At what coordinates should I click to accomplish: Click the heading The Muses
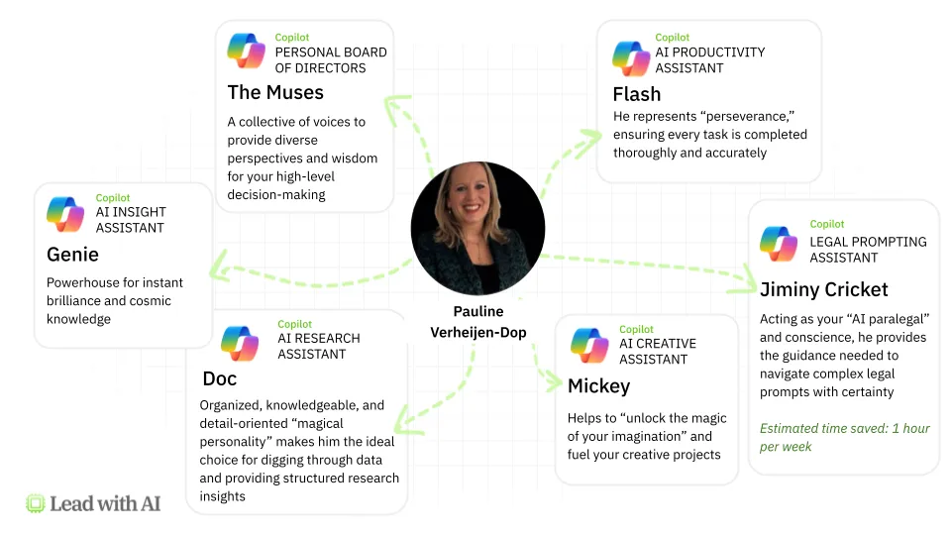[x=275, y=93]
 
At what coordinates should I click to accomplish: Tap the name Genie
[x=72, y=255]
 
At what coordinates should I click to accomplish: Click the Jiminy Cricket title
[x=823, y=289]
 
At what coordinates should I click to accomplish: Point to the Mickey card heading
[x=598, y=385]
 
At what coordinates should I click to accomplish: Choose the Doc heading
[x=219, y=378]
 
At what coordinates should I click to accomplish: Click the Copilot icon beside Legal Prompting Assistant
[x=779, y=244]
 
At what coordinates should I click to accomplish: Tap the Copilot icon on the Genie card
[x=65, y=214]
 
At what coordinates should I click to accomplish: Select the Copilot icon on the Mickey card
[x=590, y=345]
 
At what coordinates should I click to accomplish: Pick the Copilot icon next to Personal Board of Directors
[x=246, y=51]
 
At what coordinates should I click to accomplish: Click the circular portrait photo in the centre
[x=477, y=228]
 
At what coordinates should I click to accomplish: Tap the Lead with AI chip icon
[x=36, y=503]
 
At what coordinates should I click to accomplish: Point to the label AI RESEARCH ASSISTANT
[x=318, y=346]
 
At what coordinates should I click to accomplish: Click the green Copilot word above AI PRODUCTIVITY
[x=673, y=38]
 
